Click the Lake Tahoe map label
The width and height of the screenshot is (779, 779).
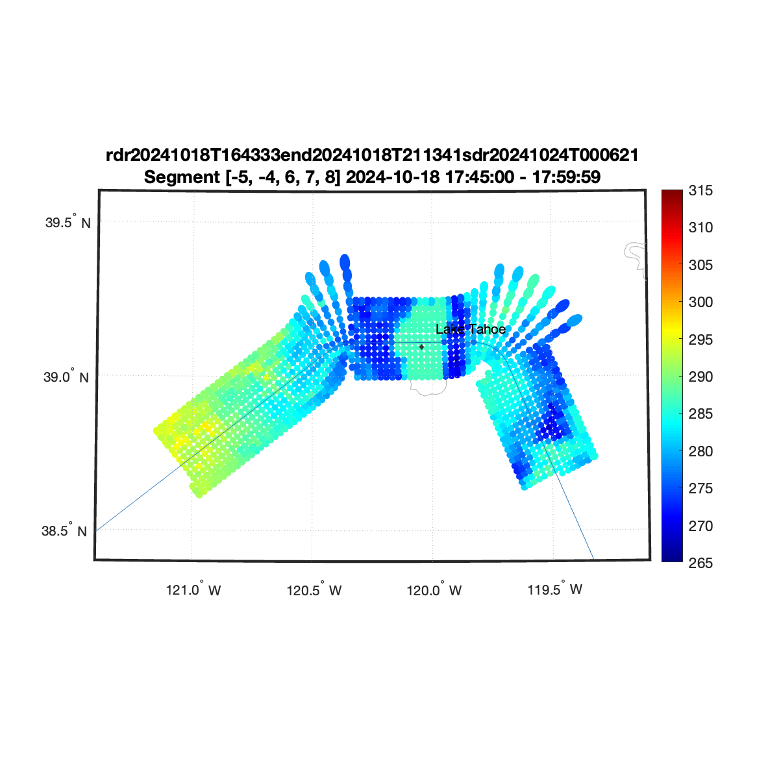(x=470, y=329)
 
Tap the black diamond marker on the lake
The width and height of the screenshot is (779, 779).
(x=422, y=347)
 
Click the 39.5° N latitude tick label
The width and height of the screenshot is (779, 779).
(x=68, y=222)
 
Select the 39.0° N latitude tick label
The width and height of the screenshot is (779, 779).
(x=66, y=377)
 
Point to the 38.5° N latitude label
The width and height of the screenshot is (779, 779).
(x=64, y=530)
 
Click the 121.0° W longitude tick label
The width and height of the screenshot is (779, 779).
(x=193, y=589)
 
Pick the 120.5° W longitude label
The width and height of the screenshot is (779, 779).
(x=314, y=589)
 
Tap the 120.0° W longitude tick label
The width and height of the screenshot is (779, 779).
(x=434, y=589)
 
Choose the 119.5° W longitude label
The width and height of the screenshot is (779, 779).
(x=554, y=589)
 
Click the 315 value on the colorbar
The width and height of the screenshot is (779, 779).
(x=700, y=190)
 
